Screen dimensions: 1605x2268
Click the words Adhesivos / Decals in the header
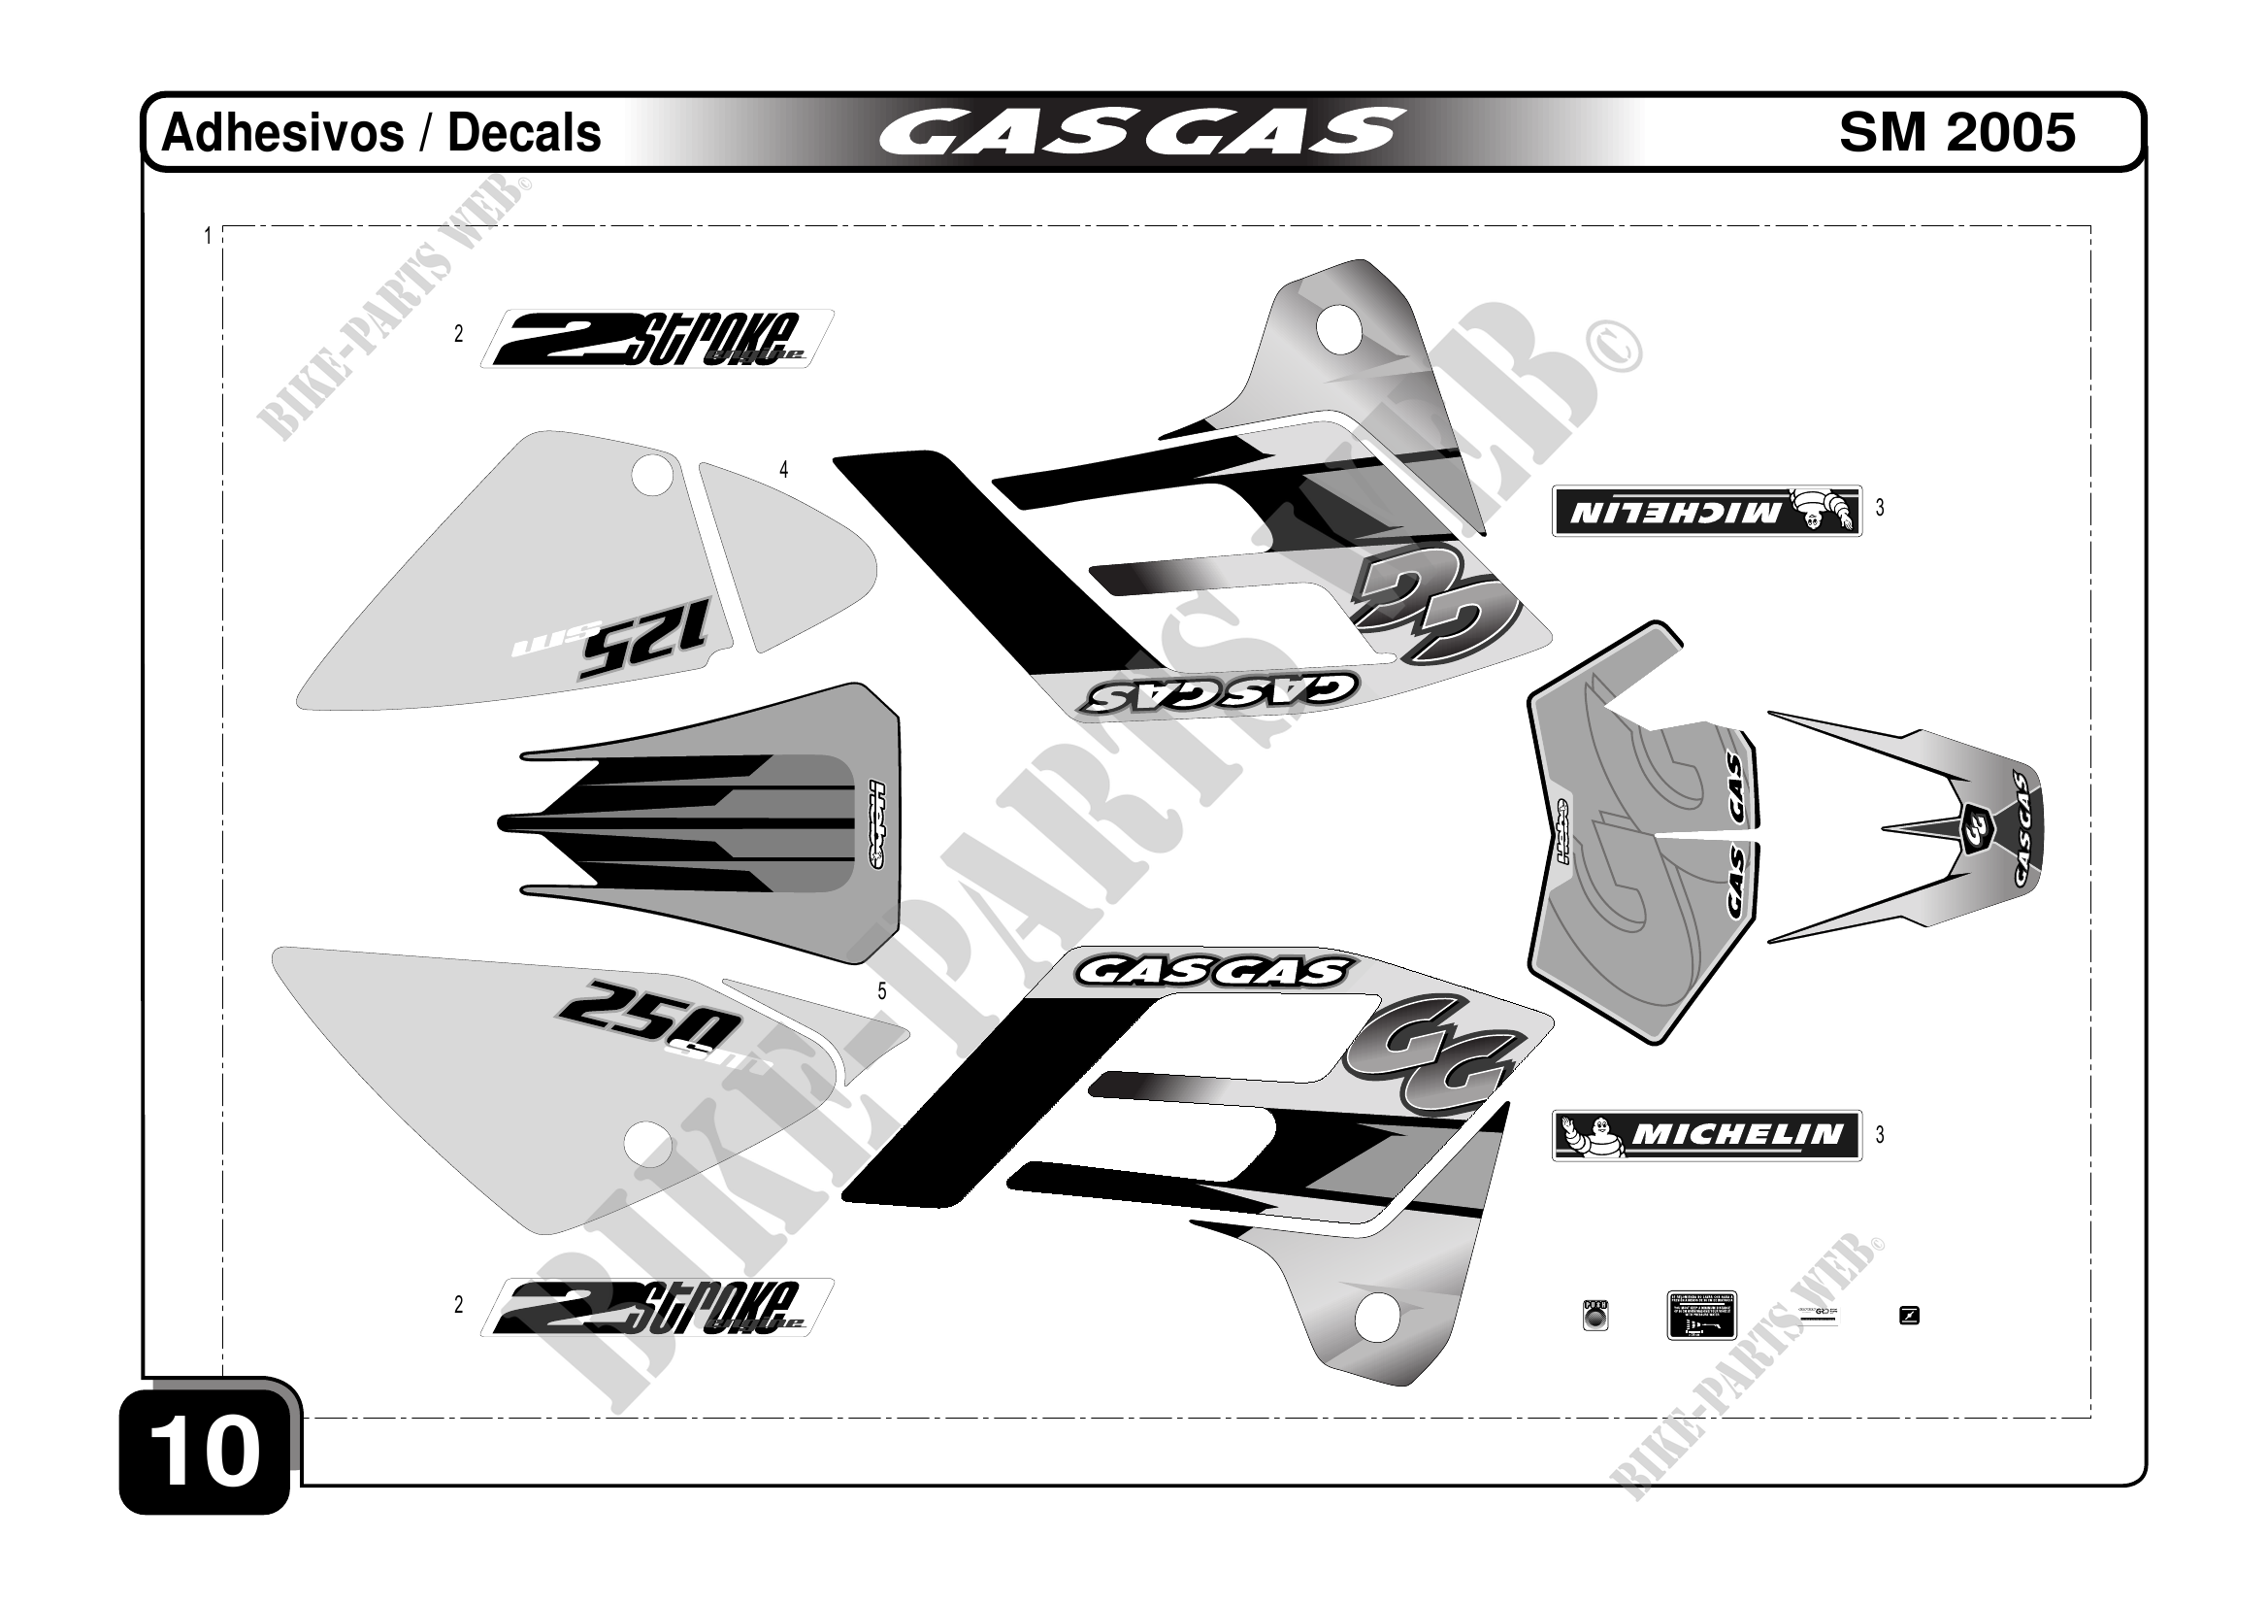380,133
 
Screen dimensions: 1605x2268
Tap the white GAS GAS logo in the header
1141,133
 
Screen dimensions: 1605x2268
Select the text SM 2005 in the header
1956,133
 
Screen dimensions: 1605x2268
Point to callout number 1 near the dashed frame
208,237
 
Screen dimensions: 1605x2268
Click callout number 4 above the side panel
783,469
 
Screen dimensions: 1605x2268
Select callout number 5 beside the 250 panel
882,991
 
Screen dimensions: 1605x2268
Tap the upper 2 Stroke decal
656,339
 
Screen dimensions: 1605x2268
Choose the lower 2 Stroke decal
656,1308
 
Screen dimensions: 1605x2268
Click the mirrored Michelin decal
1706,511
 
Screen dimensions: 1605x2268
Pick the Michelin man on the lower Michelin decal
1589,1134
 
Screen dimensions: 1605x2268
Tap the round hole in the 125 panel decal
652,475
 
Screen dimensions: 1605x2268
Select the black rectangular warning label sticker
1701,1315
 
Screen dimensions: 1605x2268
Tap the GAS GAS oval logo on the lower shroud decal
1210,973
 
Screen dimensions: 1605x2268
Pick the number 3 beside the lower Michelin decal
1880,1134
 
